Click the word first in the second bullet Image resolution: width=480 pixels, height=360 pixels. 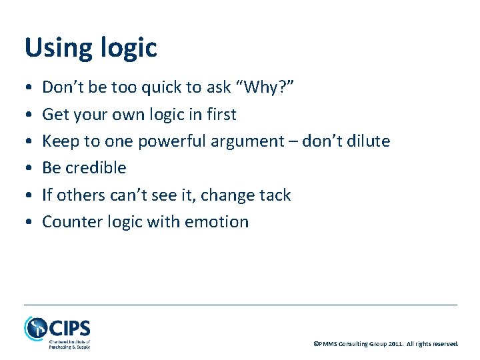pyautogui.click(x=220, y=115)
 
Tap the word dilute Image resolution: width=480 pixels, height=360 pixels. pyautogui.click(x=368, y=141)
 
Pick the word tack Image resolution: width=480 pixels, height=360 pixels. pyautogui.click(x=273, y=195)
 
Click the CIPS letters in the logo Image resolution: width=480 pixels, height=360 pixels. pyautogui.click(x=69, y=328)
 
